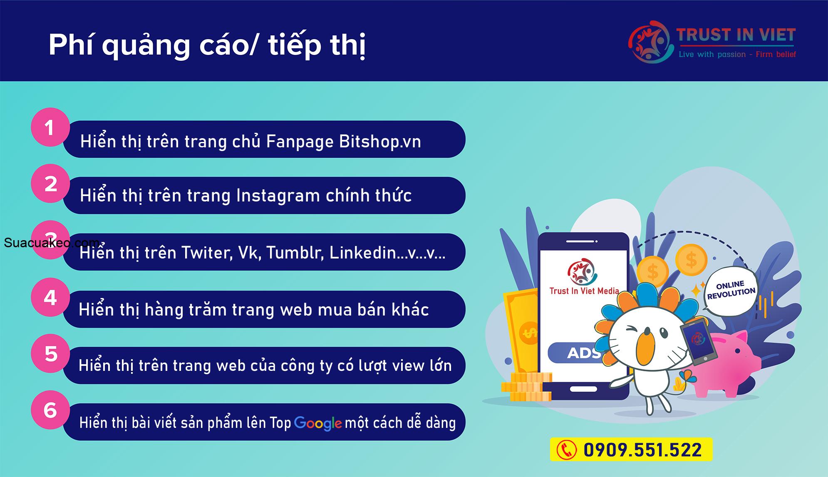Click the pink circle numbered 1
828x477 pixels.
click(x=50, y=127)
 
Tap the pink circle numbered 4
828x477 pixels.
click(x=50, y=297)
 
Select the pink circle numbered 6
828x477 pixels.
click(x=50, y=410)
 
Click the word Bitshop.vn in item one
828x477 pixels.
click(x=380, y=142)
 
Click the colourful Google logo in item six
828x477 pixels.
click(x=318, y=423)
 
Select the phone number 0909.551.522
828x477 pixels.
click(x=642, y=450)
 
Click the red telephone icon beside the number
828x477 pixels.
click(x=567, y=450)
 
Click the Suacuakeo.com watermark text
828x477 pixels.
click(x=52, y=243)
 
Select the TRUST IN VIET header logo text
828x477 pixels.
click(x=736, y=35)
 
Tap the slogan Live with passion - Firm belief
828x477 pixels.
click(x=737, y=54)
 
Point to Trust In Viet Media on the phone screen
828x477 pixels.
click(x=584, y=291)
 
